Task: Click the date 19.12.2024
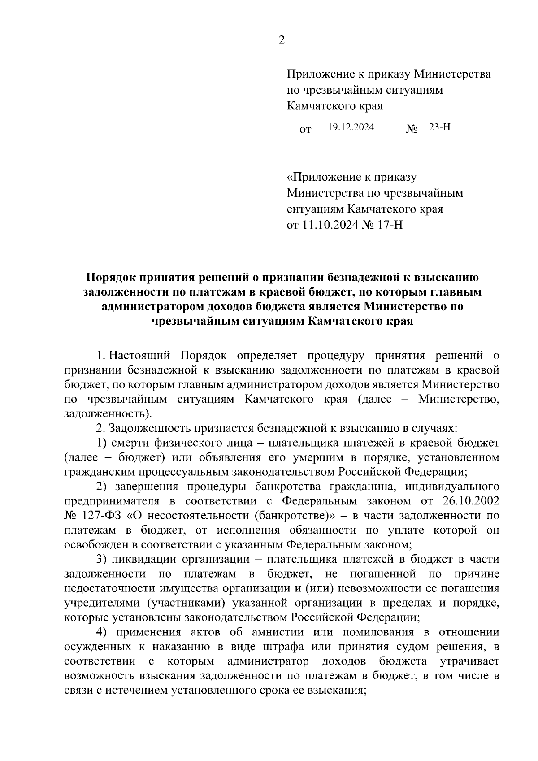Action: pos(351,127)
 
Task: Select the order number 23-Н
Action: pos(439,127)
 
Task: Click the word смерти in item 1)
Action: pos(130,443)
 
